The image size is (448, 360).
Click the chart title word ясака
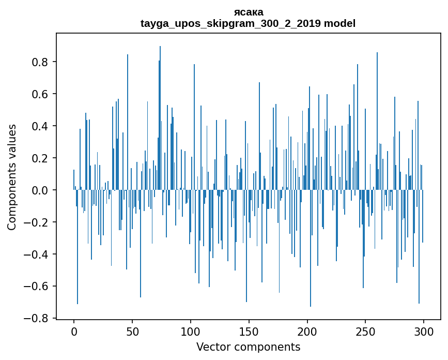tap(248, 12)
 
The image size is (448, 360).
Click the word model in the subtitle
tap(339, 23)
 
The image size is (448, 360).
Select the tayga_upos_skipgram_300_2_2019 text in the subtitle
tap(230, 23)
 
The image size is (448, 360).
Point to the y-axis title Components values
tap(12, 177)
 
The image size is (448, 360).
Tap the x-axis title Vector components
tap(248, 347)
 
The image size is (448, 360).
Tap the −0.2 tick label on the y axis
tap(37, 222)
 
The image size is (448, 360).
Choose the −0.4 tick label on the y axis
tap(37, 254)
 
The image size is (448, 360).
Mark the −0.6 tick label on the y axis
tap(37, 287)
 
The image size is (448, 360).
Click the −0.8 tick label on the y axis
tap(37, 319)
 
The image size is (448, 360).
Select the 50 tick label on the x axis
tap(132, 332)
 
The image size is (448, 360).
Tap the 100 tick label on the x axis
tap(191, 332)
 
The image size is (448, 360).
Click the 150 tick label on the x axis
tap(249, 332)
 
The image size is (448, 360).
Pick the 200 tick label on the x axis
tap(307, 332)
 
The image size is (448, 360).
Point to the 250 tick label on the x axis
tap(365, 332)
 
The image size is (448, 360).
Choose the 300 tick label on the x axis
tap(424, 332)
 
